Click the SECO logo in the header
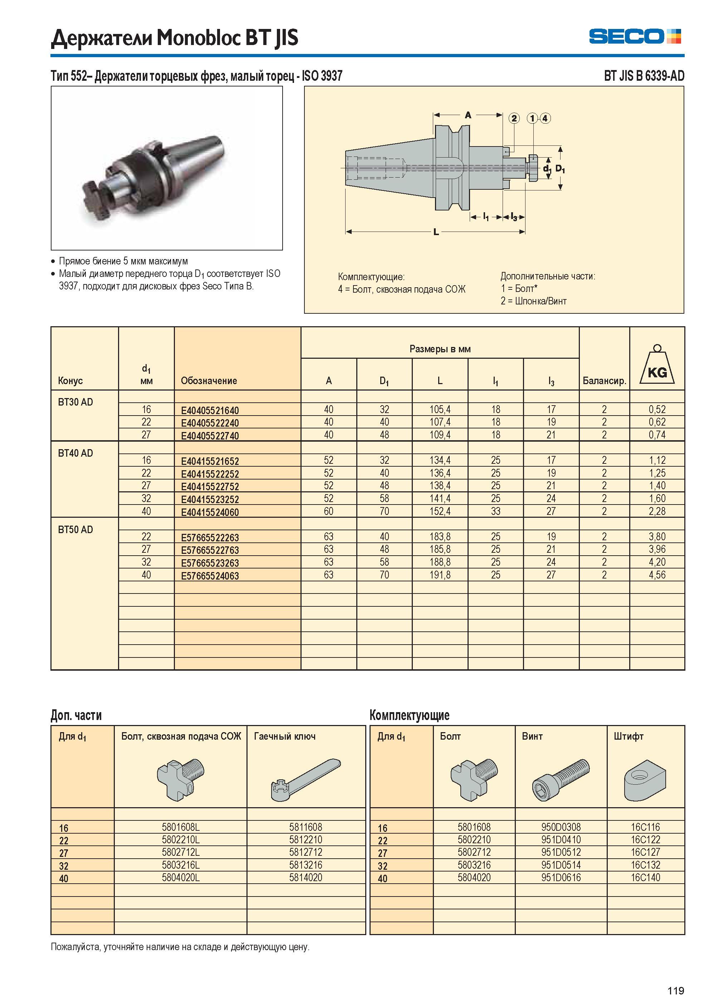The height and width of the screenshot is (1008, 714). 635,36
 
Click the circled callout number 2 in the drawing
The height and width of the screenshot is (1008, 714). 514,118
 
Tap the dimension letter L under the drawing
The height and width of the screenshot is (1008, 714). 436,232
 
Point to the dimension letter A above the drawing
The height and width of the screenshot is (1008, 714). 468,115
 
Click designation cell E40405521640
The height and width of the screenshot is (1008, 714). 210,411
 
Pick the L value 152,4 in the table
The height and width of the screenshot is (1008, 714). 440,511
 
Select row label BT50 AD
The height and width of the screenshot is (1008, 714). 75,530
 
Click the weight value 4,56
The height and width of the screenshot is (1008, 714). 657,575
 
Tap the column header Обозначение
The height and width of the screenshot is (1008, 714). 209,381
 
